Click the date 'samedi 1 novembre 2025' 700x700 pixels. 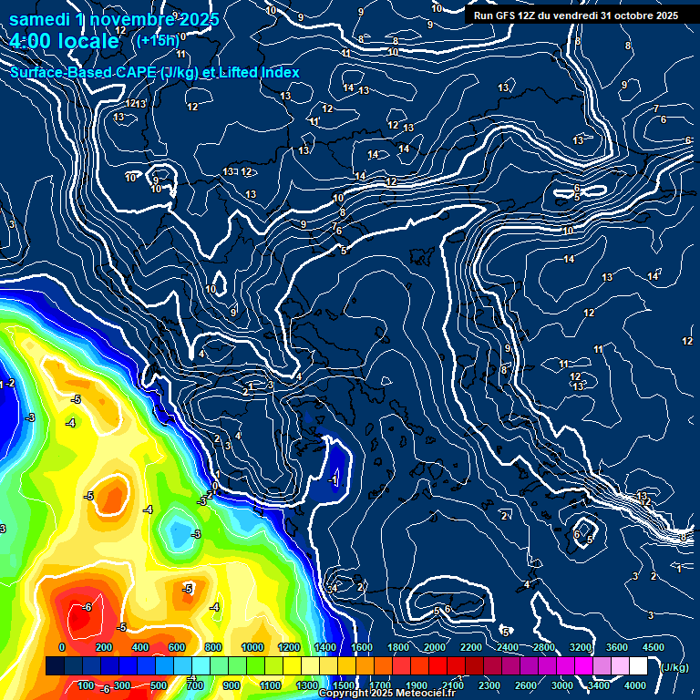point(114,19)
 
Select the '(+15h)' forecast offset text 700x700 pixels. point(156,40)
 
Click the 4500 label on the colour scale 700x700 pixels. point(653,647)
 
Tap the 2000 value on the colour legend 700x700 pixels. point(435,647)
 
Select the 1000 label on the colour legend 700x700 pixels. point(252,647)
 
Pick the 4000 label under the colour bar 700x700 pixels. point(635,685)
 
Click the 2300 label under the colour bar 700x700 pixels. point(489,685)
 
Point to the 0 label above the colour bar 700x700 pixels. point(62,647)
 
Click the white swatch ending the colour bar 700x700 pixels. point(638,667)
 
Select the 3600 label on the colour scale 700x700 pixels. point(617,647)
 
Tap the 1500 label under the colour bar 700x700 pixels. point(344,685)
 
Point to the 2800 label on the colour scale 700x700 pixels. point(544,647)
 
